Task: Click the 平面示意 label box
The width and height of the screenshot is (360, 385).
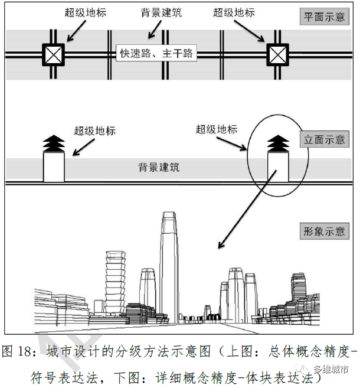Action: pyautogui.click(x=324, y=17)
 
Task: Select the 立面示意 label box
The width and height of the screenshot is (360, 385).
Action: pyautogui.click(x=324, y=141)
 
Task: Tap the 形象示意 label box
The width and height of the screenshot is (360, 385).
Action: pyautogui.click(x=324, y=231)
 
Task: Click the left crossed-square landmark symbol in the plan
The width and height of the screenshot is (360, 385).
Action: pyautogui.click(x=53, y=55)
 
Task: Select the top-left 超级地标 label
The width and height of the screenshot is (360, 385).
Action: pyautogui.click(x=86, y=12)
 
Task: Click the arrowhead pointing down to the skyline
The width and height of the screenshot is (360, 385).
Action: pyautogui.click(x=221, y=244)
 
